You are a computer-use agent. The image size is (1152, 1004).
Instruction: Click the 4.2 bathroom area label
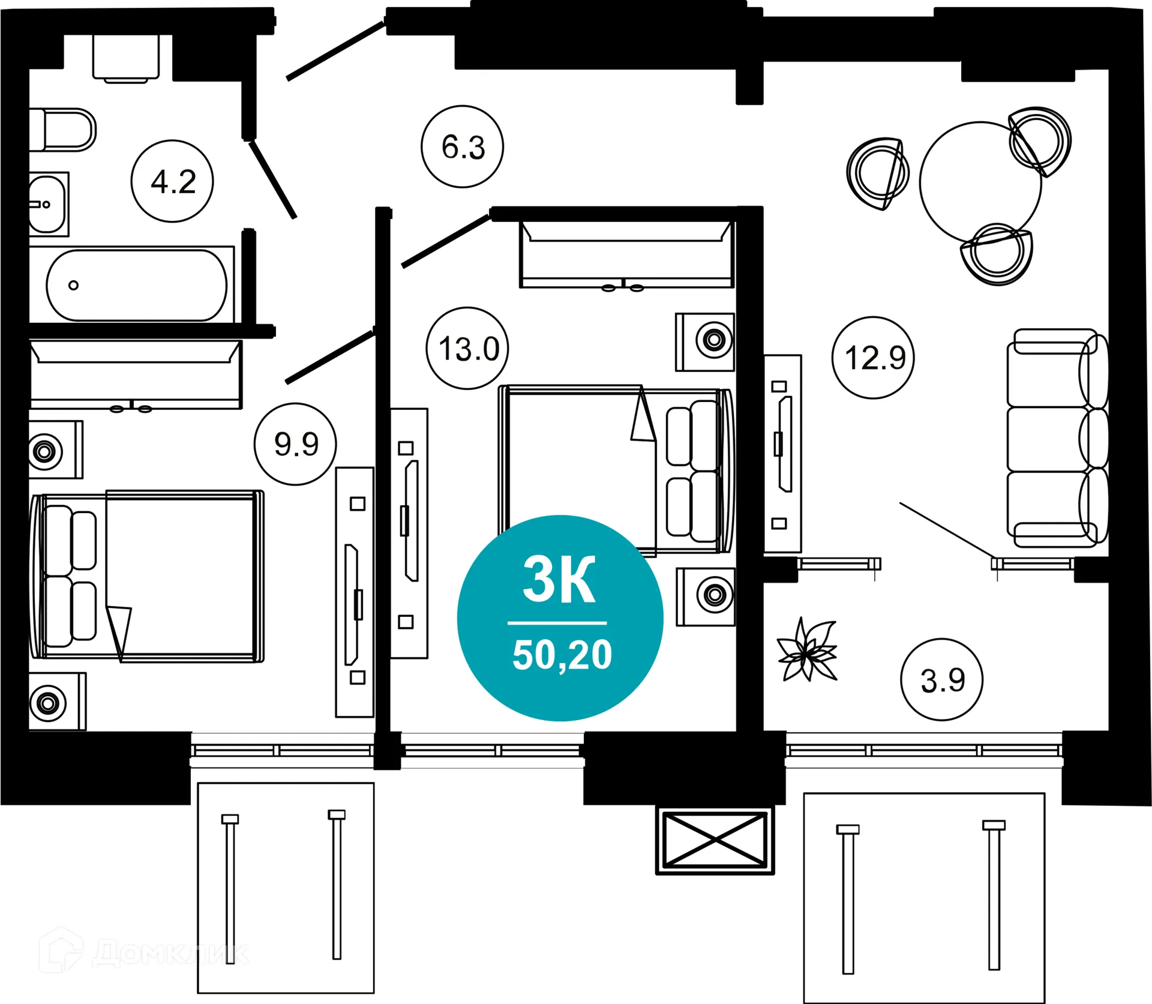tap(172, 181)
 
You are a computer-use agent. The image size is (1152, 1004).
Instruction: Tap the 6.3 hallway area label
tap(462, 146)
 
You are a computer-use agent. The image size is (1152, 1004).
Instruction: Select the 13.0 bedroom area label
tap(467, 348)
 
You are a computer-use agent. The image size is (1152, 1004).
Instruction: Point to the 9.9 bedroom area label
tap(295, 444)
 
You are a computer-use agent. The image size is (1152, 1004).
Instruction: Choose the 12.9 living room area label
tap(874, 358)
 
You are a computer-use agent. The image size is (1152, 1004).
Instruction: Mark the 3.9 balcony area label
tap(942, 679)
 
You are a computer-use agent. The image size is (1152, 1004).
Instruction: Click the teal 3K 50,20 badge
tap(560, 618)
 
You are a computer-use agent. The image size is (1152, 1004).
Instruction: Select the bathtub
tap(137, 286)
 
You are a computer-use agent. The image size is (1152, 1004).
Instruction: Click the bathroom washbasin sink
tap(48, 204)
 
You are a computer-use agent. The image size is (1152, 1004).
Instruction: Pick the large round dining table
tap(980, 182)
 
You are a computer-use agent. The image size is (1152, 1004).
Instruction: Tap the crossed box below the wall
tap(715, 840)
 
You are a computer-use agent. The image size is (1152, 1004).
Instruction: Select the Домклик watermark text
tap(171, 953)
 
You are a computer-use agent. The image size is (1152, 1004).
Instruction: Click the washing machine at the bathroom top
tap(126, 57)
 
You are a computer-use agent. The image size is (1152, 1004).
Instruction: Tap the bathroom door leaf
tap(273, 179)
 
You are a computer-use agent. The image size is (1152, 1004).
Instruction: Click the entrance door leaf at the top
tap(335, 51)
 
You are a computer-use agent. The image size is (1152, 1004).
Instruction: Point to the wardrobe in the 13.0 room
tap(626, 254)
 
